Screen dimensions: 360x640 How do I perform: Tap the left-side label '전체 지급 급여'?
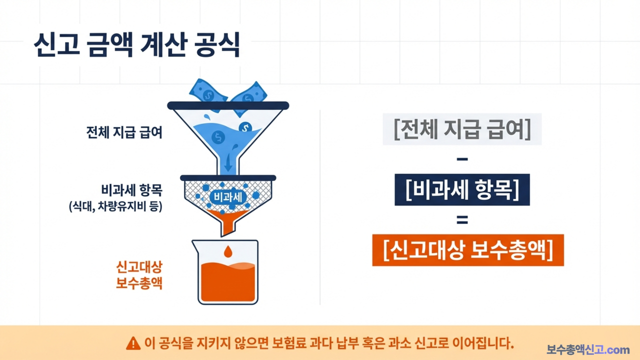click(x=124, y=133)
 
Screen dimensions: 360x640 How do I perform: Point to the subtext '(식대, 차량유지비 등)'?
click(x=116, y=206)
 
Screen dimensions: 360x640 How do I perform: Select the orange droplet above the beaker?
click(x=228, y=250)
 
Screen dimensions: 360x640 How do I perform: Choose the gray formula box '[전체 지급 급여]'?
click(x=462, y=129)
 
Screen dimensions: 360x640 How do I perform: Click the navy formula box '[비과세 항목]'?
click(x=462, y=189)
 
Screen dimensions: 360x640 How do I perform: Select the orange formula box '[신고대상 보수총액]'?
click(x=468, y=249)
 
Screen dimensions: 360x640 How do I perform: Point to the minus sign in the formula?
click(x=462, y=159)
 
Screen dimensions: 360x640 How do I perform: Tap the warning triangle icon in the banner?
click(x=133, y=343)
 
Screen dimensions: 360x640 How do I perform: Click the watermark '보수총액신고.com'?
click(x=588, y=349)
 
